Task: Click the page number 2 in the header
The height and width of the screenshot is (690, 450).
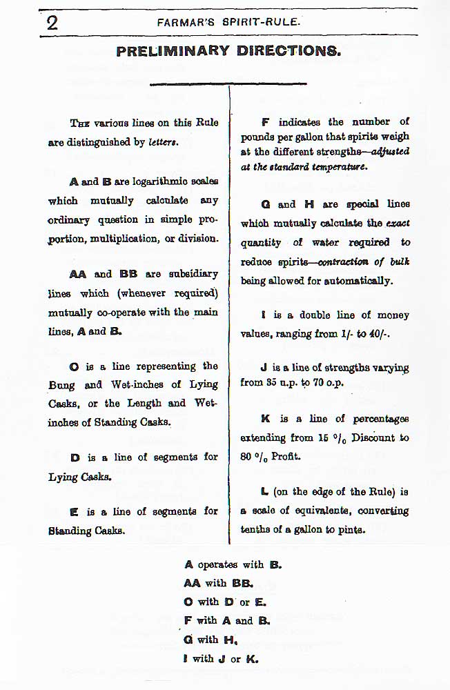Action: click(51, 22)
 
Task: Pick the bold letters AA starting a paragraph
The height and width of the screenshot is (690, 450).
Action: click(78, 274)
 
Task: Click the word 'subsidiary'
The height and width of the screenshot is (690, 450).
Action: click(187, 274)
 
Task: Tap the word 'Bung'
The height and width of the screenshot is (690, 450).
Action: click(61, 385)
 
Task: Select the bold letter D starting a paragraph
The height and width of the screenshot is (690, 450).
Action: click(74, 457)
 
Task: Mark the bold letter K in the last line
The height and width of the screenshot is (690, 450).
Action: click(253, 658)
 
